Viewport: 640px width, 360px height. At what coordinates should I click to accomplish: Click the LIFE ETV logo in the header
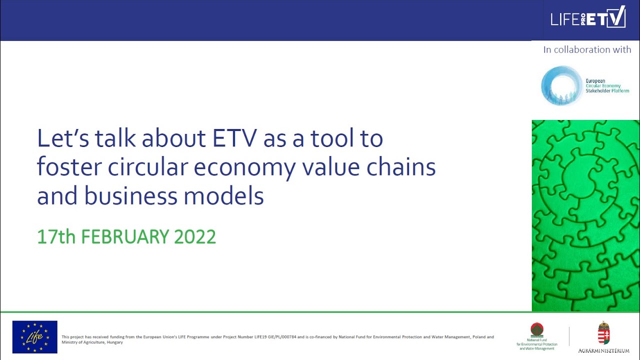(587, 17)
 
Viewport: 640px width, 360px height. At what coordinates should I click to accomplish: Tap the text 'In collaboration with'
(587, 49)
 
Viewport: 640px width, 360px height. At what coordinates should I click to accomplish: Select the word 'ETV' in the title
(236, 138)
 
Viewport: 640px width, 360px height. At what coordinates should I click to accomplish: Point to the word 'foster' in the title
(68, 167)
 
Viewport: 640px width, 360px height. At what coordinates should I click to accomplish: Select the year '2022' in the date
(195, 236)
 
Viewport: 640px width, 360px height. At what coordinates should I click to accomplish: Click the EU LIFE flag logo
(35, 337)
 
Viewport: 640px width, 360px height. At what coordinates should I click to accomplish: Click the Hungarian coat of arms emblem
(604, 333)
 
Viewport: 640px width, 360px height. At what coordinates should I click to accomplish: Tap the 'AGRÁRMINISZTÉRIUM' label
(604, 350)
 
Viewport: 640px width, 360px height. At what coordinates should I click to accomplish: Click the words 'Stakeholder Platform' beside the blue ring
(607, 91)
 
